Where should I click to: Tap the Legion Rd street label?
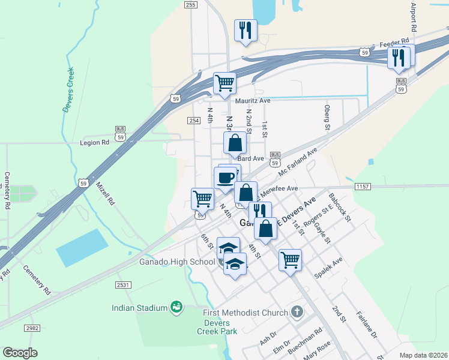point(95,143)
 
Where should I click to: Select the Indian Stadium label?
point(139,308)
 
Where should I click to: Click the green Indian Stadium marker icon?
point(176,307)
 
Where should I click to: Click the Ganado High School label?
point(178,262)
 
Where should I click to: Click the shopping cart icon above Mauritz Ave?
point(224,83)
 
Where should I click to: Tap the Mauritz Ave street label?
point(253,101)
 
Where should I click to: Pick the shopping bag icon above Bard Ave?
point(235,143)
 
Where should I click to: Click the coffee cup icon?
point(225,178)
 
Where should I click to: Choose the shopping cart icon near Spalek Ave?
point(290,260)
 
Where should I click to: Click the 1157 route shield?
point(363,187)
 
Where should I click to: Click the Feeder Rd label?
point(394,45)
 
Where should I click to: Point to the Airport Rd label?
point(414,17)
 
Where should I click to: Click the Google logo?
point(20,353)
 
